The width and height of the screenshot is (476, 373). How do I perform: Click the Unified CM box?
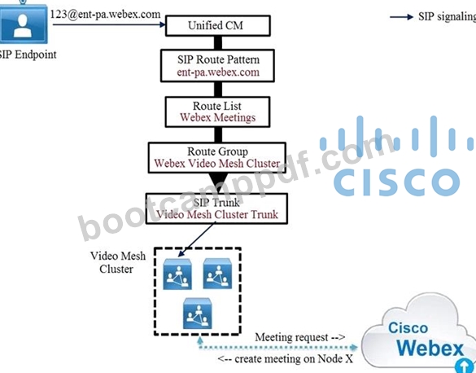pyautogui.click(x=218, y=25)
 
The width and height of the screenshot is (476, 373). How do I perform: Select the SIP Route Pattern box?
pyautogui.click(x=218, y=66)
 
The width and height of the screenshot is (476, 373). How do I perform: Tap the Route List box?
pyautogui.click(x=218, y=112)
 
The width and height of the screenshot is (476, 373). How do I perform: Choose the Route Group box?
pyautogui.click(x=217, y=158)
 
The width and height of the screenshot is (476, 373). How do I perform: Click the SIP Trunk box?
pyautogui.click(x=216, y=208)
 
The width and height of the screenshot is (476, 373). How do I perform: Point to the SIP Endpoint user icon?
pyautogui.click(x=24, y=24)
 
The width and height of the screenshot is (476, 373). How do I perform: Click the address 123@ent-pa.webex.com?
pyautogui.click(x=105, y=15)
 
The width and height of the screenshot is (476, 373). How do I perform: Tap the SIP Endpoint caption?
pyautogui.click(x=28, y=55)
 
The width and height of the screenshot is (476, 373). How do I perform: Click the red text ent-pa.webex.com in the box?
pyautogui.click(x=218, y=72)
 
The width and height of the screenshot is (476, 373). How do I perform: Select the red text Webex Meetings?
pyautogui.click(x=218, y=117)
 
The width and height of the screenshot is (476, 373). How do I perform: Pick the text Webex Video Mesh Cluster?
pyautogui.click(x=217, y=164)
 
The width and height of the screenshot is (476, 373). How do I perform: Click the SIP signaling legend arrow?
pyautogui.click(x=401, y=17)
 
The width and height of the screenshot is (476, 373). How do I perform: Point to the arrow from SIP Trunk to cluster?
pyautogui.click(x=197, y=239)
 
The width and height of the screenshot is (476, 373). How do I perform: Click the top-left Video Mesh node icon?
pyautogui.click(x=177, y=274)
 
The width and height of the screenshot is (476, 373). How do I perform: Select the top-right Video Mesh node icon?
pyautogui.click(x=217, y=274)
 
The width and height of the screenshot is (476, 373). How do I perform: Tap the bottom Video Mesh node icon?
pyautogui.click(x=198, y=314)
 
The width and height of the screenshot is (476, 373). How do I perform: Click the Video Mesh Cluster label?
pyautogui.click(x=118, y=262)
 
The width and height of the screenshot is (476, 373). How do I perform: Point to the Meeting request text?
pyautogui.click(x=300, y=337)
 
